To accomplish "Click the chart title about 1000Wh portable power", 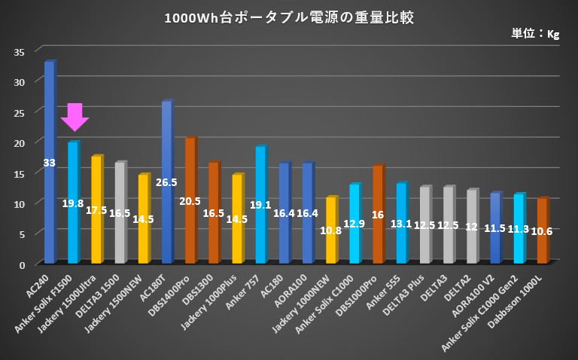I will pyautogui.click(x=289, y=17).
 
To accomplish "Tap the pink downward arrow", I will pyautogui.click(x=75, y=117).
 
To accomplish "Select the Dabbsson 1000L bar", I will pyautogui.click(x=542, y=241).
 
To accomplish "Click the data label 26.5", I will pyautogui.click(x=167, y=182).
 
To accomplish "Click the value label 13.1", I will pyautogui.click(x=401, y=224).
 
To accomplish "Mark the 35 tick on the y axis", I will pyautogui.click(x=20, y=51).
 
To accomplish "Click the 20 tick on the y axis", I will pyautogui.click(x=20, y=142).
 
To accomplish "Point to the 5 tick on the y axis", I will pyautogui.click(x=23, y=234).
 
